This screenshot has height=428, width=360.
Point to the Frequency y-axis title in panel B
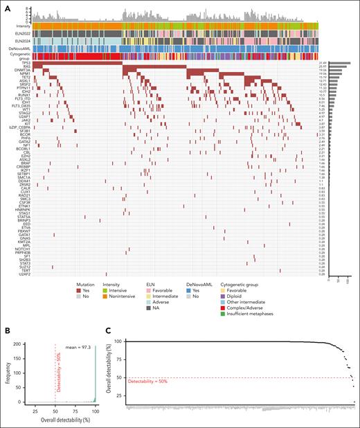point(6,371)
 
